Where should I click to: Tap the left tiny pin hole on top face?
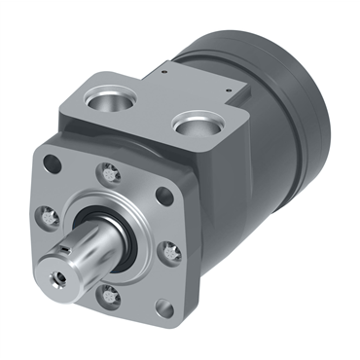166,70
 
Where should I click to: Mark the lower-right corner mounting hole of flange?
166,309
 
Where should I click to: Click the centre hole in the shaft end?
64,277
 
